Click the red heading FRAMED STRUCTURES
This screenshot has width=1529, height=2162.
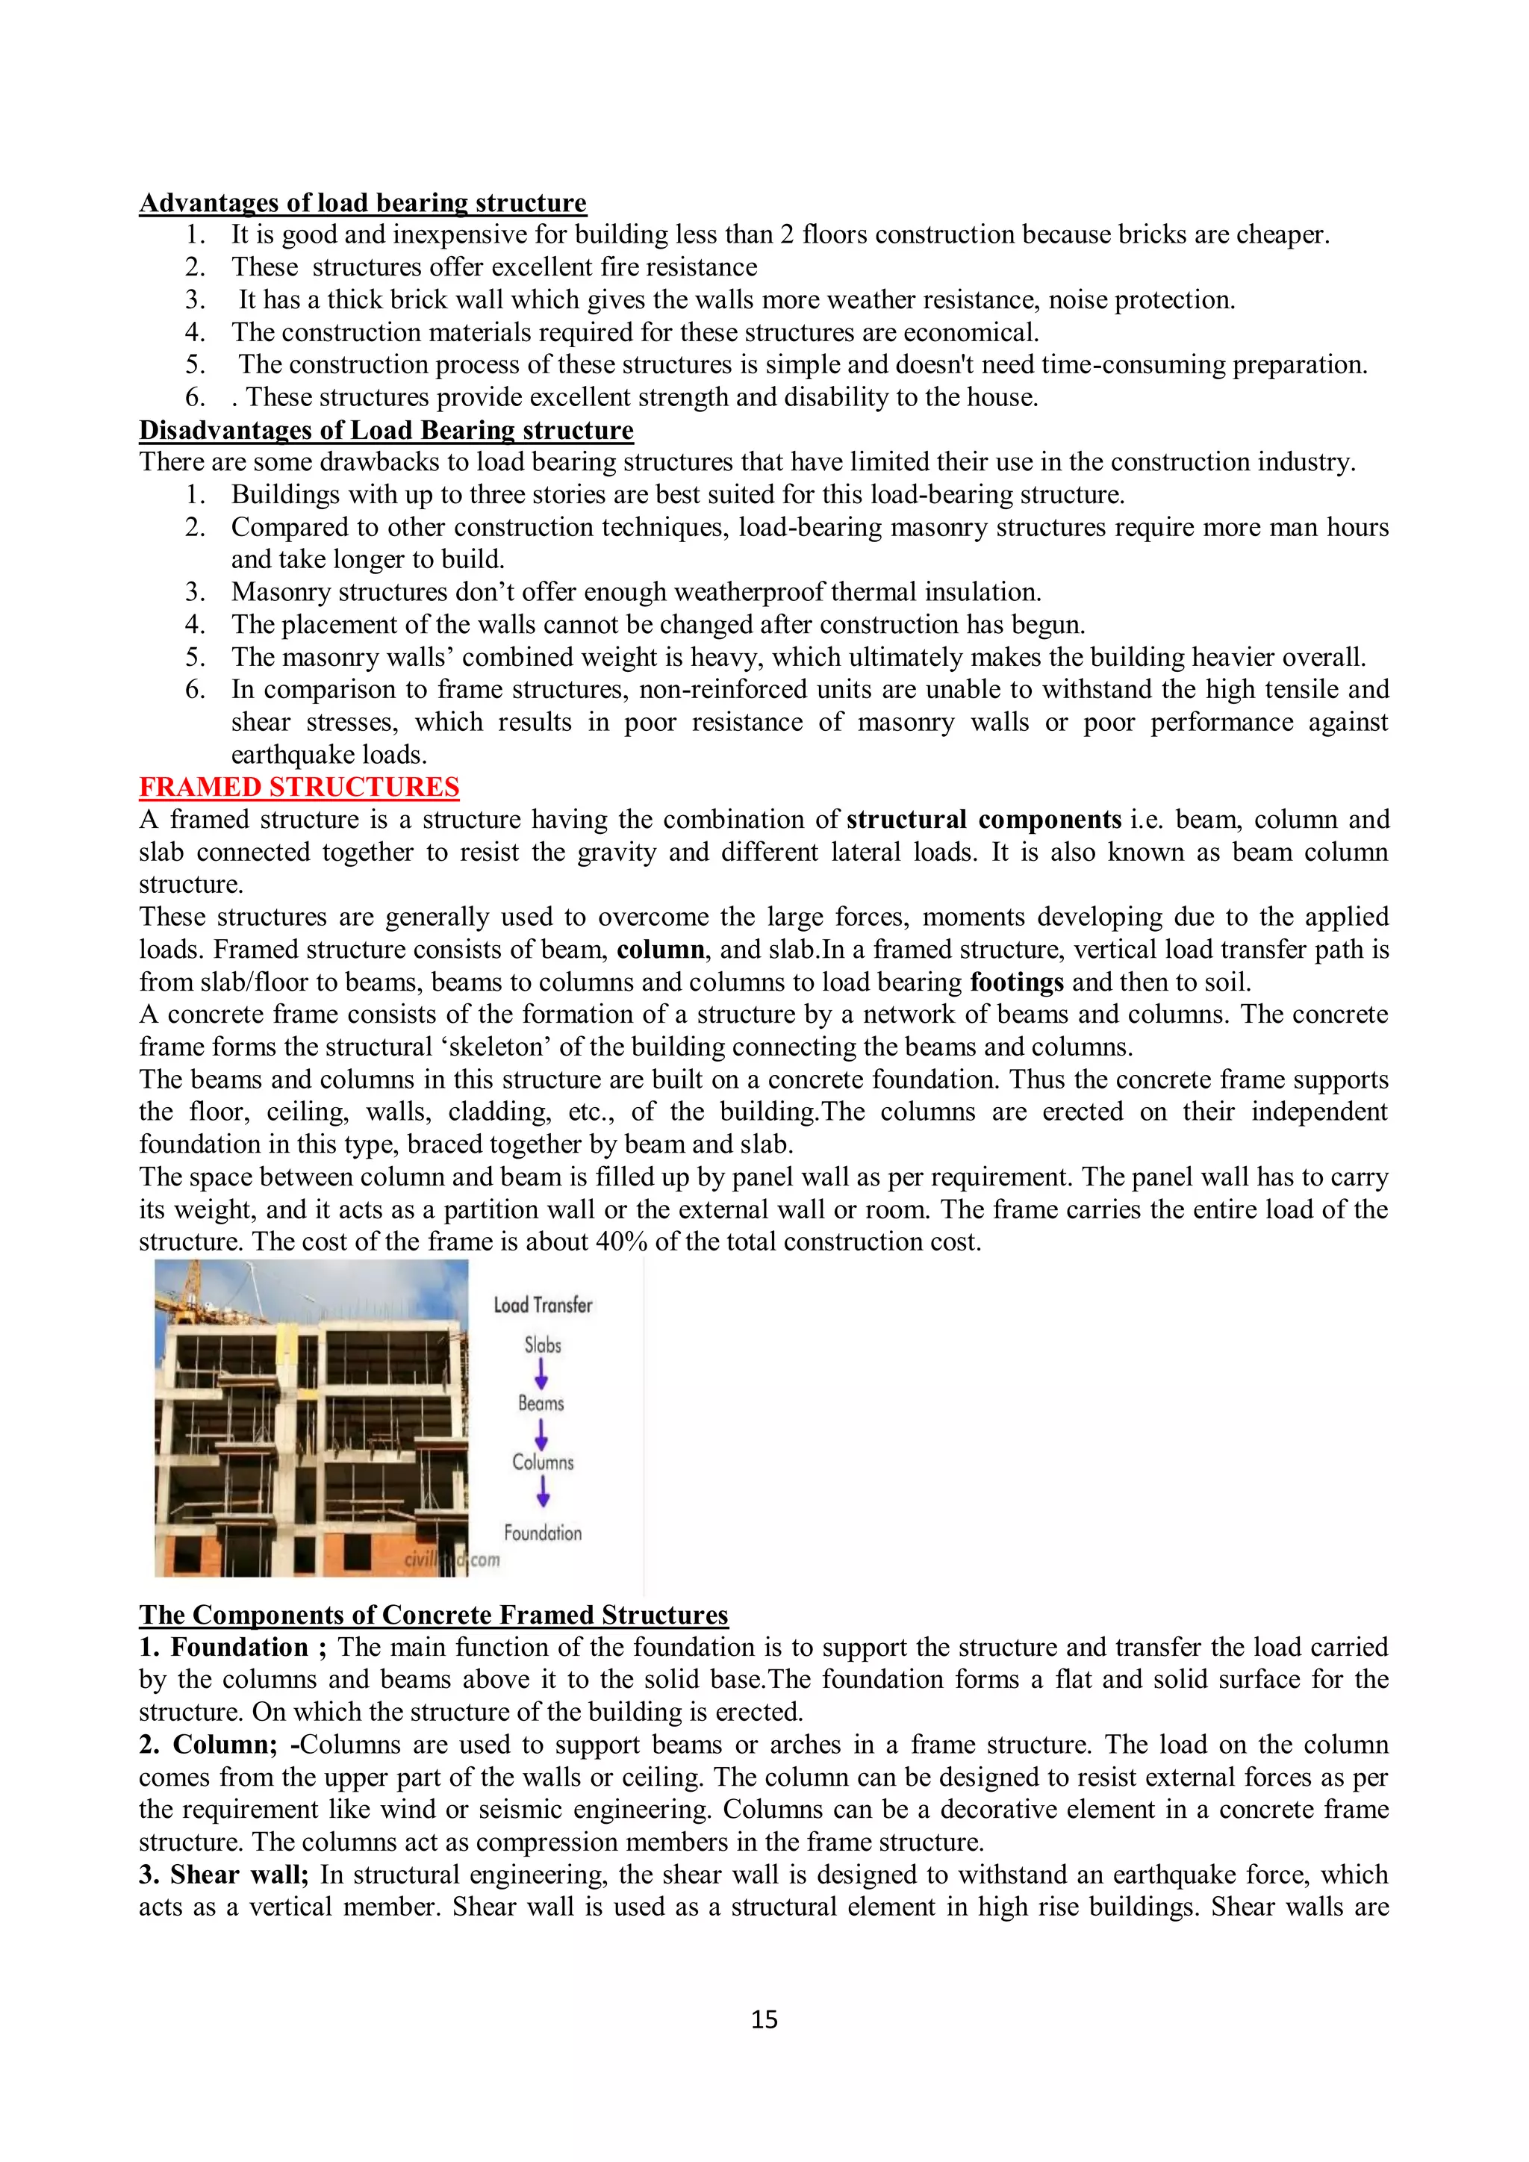299,786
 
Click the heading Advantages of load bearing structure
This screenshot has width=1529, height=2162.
363,202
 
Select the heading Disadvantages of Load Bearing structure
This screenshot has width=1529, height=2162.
386,429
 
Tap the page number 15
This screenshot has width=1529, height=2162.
764,2019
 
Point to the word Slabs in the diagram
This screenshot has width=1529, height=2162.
542,1345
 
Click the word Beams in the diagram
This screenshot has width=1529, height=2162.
541,1403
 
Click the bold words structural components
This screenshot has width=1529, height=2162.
984,819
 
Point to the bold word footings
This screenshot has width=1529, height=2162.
1017,982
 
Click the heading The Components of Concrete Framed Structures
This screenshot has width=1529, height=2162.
433,1615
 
